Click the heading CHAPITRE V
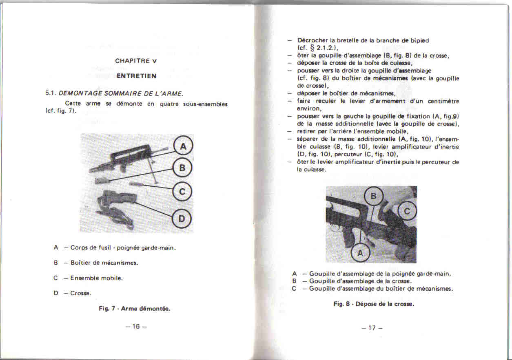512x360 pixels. pyautogui.click(x=136, y=61)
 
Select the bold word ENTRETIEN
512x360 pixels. pyautogui.click(x=136, y=76)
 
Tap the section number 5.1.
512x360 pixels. pyautogui.click(x=51, y=93)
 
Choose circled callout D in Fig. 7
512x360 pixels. pyautogui.click(x=182, y=219)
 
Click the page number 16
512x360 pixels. pyautogui.click(x=136, y=326)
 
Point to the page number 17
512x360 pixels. pyautogui.click(x=372, y=328)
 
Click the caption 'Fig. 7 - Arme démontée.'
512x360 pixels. pyautogui.click(x=134, y=309)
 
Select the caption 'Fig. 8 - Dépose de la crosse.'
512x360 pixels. pyautogui.click(x=374, y=304)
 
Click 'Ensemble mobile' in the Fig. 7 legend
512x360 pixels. pyautogui.click(x=97, y=278)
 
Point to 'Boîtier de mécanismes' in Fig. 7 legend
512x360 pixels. pyautogui.click(x=104, y=263)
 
